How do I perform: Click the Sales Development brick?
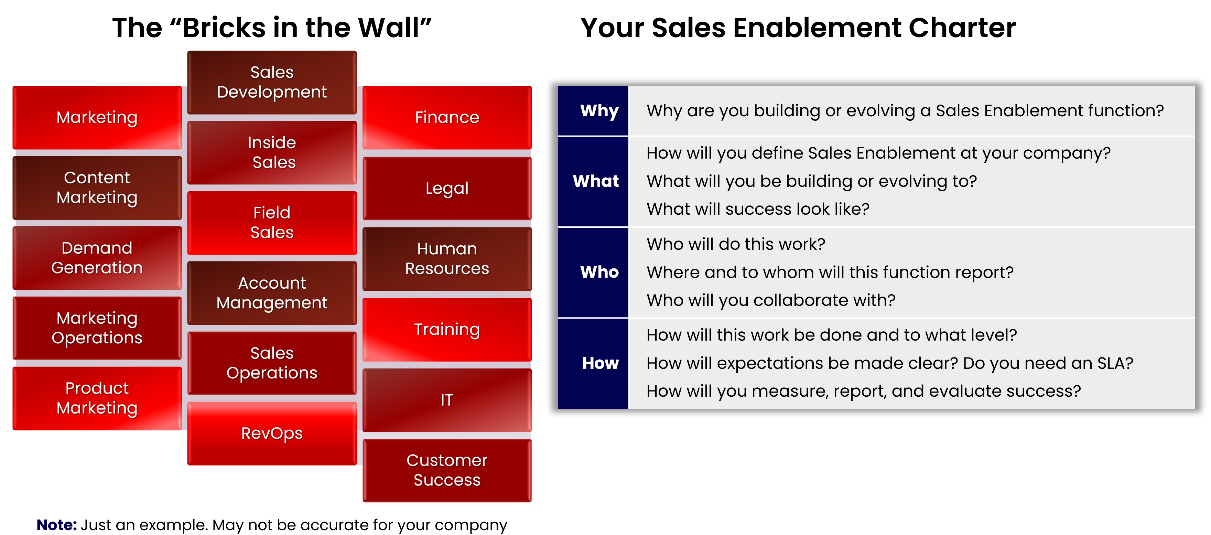(272, 82)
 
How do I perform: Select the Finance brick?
(447, 118)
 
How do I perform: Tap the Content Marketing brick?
(97, 188)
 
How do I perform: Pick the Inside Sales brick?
(272, 152)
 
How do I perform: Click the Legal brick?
(447, 188)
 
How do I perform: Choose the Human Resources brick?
(447, 259)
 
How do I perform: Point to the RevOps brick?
(272, 434)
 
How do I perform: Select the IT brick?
(447, 400)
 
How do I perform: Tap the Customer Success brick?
(447, 470)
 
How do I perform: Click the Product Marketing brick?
(97, 398)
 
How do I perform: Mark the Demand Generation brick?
(97, 258)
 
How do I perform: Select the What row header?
(596, 181)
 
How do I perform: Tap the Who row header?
(599, 272)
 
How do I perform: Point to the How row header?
(600, 363)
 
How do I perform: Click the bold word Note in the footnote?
(56, 525)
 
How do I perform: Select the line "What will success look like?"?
(758, 209)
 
